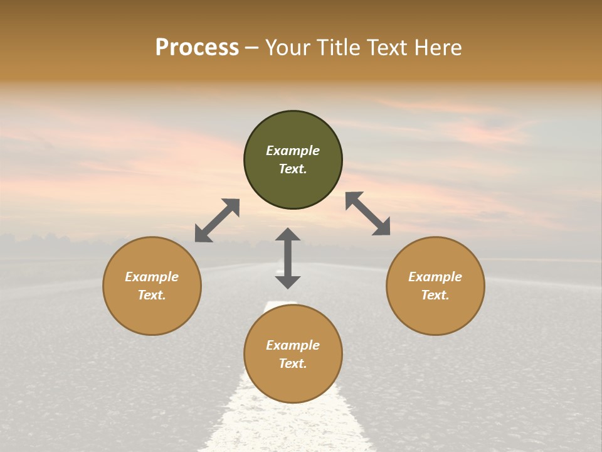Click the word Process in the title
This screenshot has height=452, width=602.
point(197,48)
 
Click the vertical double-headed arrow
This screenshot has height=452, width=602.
point(288,258)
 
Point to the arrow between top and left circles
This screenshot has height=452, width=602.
point(217,220)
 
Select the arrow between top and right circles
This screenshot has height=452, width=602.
point(367,213)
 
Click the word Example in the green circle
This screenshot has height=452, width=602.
point(293,151)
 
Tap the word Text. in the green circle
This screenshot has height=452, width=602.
point(293,169)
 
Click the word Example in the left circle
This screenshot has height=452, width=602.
point(152,277)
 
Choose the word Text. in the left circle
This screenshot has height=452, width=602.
point(152,295)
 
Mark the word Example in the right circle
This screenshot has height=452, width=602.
point(435,277)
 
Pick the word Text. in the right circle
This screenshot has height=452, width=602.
point(435,295)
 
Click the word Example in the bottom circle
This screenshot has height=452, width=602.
point(293,345)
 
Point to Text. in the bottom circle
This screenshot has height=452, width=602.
point(293,363)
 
